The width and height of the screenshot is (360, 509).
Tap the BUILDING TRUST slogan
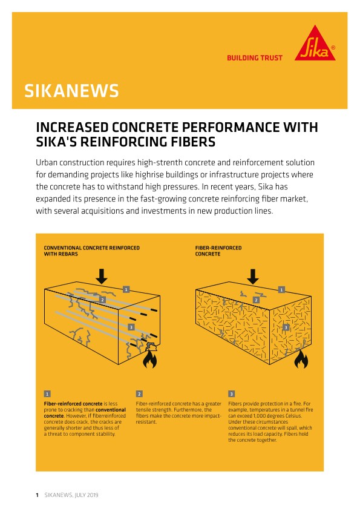[254, 58]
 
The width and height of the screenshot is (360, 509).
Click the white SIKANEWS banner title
[71, 91]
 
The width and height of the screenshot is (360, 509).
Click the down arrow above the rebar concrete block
[102, 275]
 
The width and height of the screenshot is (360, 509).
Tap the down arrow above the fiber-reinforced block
[253, 275]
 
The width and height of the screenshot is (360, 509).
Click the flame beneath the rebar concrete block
[148, 361]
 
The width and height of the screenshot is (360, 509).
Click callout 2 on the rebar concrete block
[103, 300]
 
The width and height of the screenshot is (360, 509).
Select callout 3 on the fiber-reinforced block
[286, 327]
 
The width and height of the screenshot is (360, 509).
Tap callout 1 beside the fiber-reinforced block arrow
[281, 290]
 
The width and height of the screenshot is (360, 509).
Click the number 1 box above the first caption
[47, 393]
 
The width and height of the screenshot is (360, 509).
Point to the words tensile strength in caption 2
[151, 410]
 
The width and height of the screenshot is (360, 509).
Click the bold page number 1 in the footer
[37, 494]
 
